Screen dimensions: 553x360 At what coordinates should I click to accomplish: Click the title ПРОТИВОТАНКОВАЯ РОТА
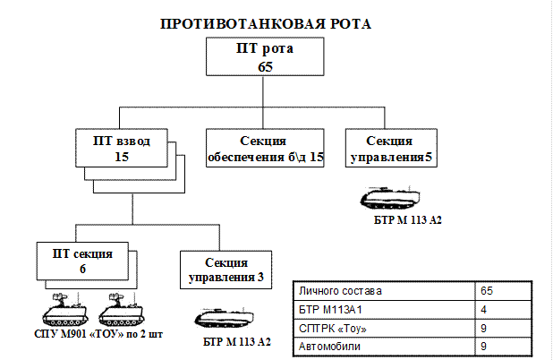266,24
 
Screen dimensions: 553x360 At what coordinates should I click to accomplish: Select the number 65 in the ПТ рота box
265,66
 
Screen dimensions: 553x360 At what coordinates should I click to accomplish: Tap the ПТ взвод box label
122,141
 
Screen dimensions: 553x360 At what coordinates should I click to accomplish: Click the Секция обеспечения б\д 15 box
265,148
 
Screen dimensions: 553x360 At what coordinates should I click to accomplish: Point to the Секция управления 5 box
391,148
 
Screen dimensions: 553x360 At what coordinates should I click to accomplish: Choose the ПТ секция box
82,261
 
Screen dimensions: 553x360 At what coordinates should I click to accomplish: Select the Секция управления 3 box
226,270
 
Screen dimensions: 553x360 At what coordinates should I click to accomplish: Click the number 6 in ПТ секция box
82,269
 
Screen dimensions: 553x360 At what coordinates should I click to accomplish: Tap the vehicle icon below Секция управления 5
390,198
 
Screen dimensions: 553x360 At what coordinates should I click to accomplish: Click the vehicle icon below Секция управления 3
225,318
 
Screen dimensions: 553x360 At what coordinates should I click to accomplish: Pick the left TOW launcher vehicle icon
65,310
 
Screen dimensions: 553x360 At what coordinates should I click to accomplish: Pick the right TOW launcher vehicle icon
122,310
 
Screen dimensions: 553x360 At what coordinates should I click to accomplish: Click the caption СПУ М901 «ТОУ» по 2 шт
98,334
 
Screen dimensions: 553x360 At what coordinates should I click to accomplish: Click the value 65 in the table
487,291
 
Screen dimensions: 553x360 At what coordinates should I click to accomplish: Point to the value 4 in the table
483,310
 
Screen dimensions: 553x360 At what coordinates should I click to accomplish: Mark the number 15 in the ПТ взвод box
122,157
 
